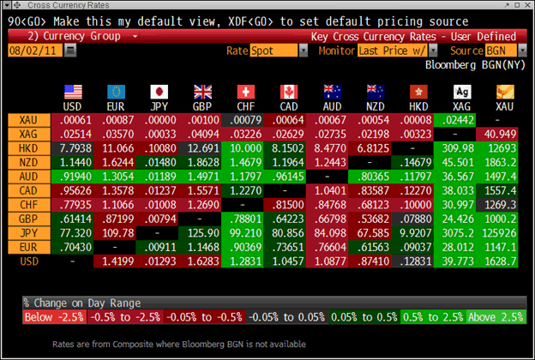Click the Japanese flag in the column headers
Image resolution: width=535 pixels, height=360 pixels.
click(159, 92)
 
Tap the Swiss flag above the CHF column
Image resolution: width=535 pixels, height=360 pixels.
click(246, 92)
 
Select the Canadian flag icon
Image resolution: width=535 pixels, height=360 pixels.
click(288, 92)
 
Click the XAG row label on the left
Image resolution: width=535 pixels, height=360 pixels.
click(28, 134)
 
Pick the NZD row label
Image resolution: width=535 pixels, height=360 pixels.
click(28, 161)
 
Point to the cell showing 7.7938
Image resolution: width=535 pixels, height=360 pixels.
click(72, 147)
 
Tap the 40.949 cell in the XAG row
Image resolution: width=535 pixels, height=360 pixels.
click(499, 134)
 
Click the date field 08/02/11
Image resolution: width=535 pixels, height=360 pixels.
click(33, 51)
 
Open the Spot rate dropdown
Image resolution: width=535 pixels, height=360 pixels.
click(279, 51)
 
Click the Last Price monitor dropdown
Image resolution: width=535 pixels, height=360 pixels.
click(390, 51)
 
